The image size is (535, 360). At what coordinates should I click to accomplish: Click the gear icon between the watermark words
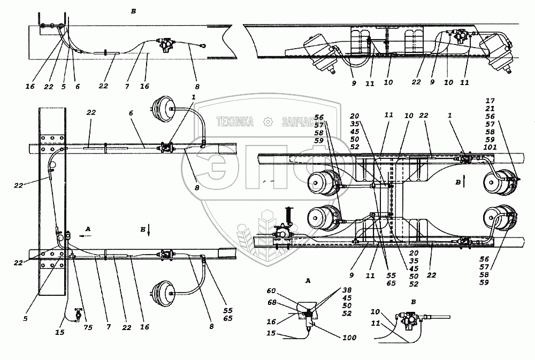click(x=267, y=122)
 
